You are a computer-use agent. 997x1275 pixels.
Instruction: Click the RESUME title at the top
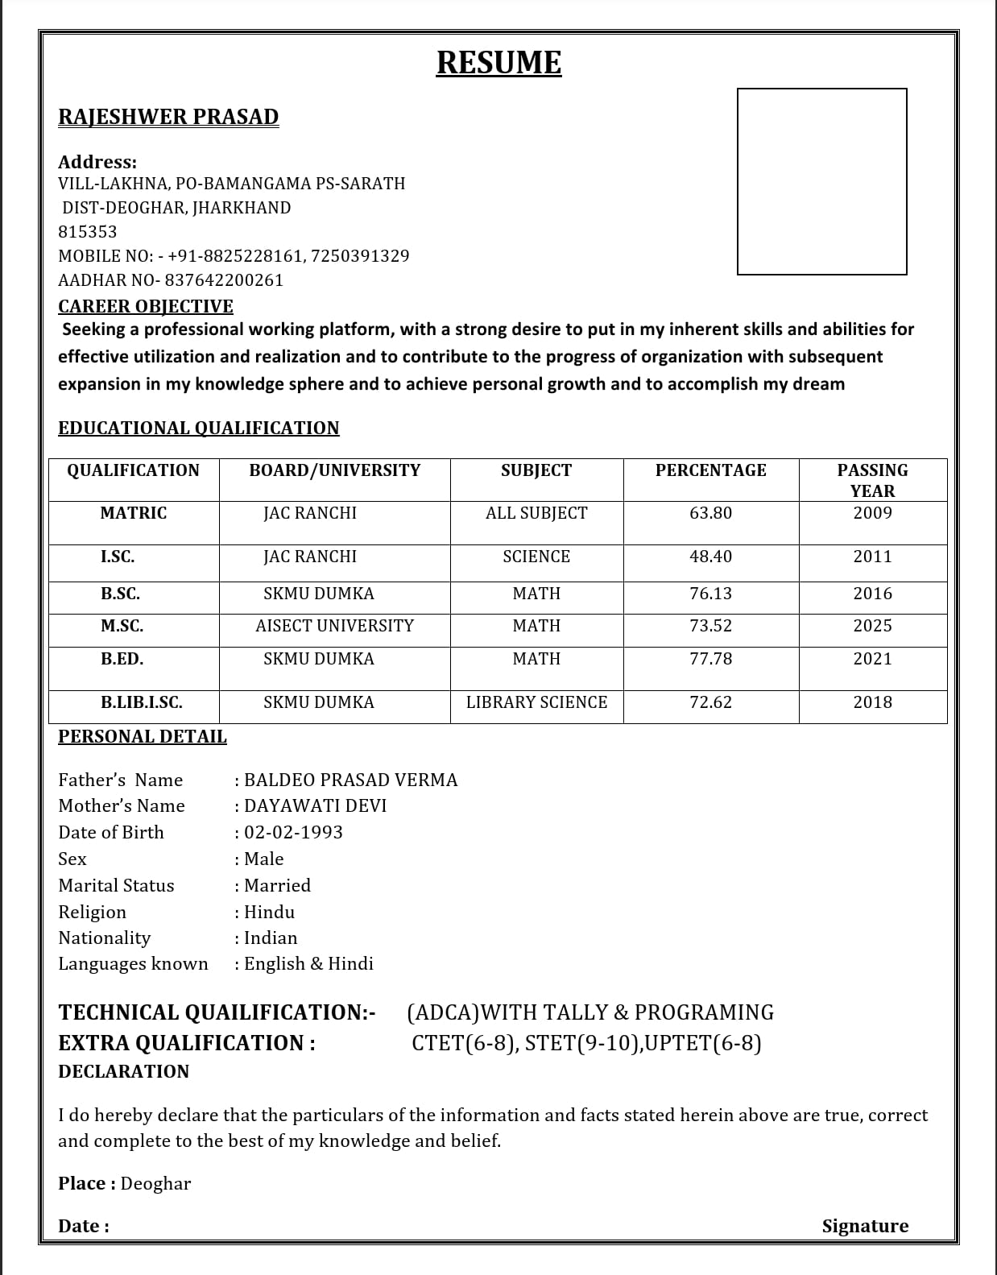498,63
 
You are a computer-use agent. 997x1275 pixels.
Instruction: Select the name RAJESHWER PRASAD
168,117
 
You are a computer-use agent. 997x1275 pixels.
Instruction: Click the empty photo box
821,181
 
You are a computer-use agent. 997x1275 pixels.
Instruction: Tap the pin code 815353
88,232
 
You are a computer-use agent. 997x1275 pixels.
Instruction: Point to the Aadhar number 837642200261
224,280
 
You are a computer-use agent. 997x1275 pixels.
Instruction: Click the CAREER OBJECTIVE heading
146,306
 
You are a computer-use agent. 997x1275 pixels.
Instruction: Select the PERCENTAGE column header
710,470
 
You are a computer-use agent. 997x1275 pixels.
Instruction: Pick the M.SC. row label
122,626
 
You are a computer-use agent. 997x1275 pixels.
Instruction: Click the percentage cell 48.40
710,557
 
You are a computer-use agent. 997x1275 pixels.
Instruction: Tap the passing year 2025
872,626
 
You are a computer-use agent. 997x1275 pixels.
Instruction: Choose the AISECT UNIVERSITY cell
334,626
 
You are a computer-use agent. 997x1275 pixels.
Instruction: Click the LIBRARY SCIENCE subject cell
536,702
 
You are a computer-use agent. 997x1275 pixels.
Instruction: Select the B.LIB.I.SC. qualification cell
141,702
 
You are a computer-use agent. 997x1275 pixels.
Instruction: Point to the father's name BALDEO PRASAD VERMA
350,780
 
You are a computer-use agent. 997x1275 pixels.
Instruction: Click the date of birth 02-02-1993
293,832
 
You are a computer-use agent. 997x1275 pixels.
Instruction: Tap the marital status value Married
277,885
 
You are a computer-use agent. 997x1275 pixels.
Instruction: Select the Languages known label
133,963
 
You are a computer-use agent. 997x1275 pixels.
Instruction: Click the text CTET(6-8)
465,1043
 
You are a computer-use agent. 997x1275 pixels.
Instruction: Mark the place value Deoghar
155,1183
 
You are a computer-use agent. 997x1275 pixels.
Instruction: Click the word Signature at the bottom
865,1226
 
